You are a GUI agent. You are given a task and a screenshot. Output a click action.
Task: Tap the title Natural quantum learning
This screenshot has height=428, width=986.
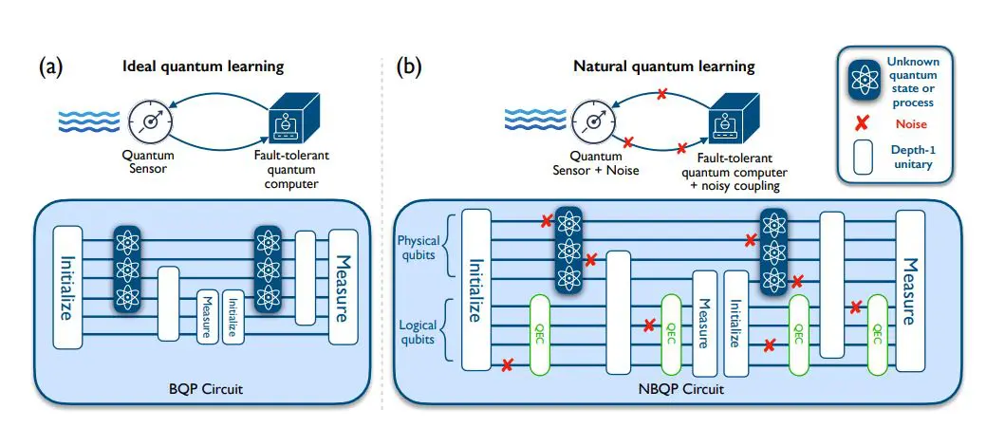pos(663,67)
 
